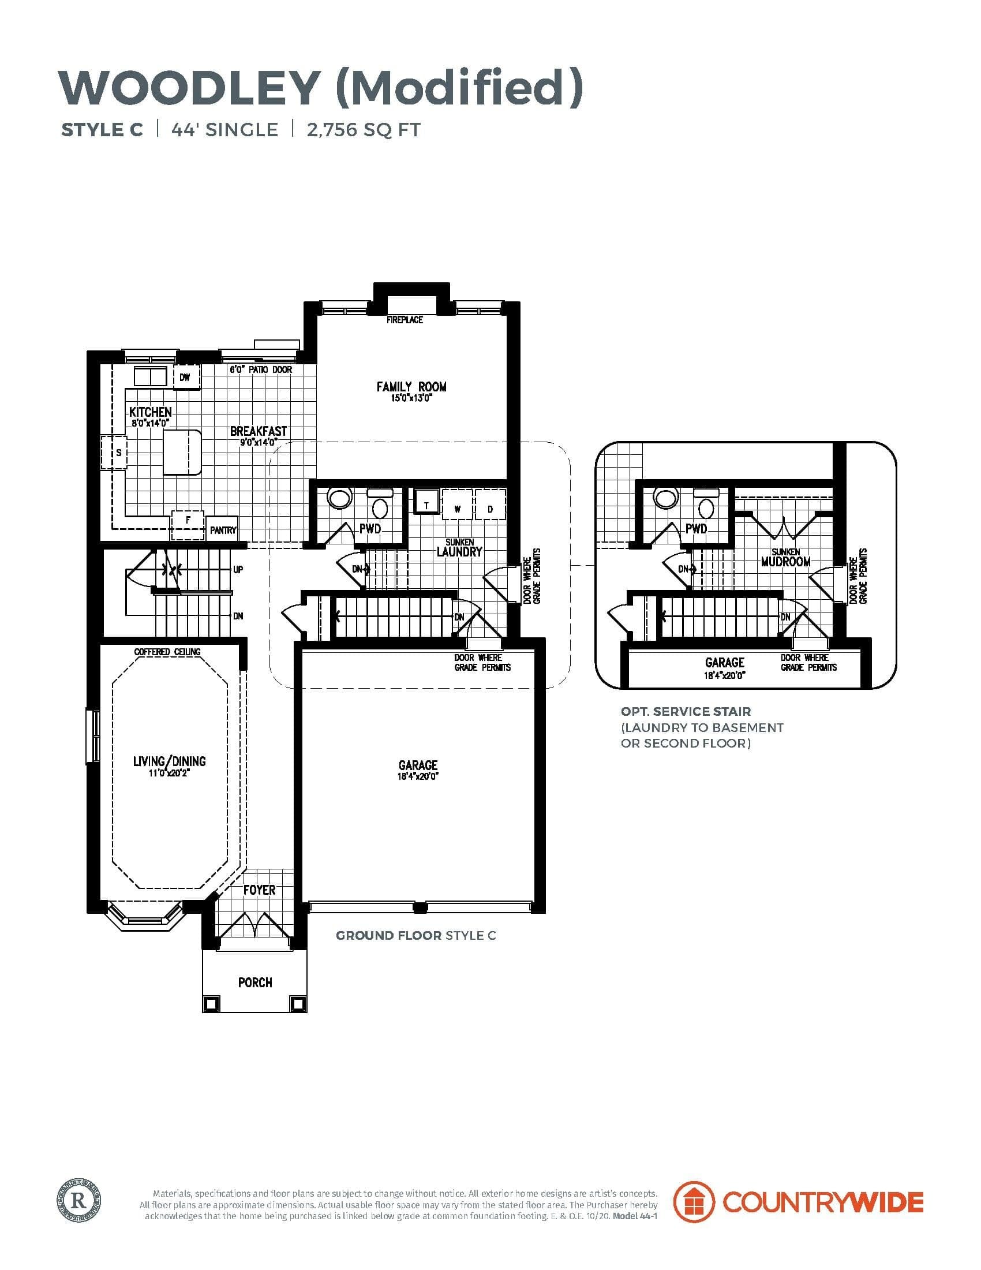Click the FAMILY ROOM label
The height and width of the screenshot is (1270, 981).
pos(411,387)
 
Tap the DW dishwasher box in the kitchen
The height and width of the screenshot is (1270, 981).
pos(185,378)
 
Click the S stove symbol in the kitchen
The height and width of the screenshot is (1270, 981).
pos(118,453)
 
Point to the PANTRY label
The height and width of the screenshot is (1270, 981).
pos(223,530)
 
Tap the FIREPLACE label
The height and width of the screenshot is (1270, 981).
pos(405,320)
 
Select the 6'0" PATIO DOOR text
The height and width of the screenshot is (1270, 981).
pos(261,370)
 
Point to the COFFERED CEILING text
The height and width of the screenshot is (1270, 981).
pos(167,652)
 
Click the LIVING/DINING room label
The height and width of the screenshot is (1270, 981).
pos(169,761)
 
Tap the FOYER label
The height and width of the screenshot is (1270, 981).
pos(259,890)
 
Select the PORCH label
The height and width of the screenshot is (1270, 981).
pos(254,982)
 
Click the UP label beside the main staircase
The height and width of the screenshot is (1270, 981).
pos(238,570)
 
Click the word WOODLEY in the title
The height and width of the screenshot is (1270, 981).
pos(189,87)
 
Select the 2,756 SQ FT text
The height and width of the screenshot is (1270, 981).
pos(363,130)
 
